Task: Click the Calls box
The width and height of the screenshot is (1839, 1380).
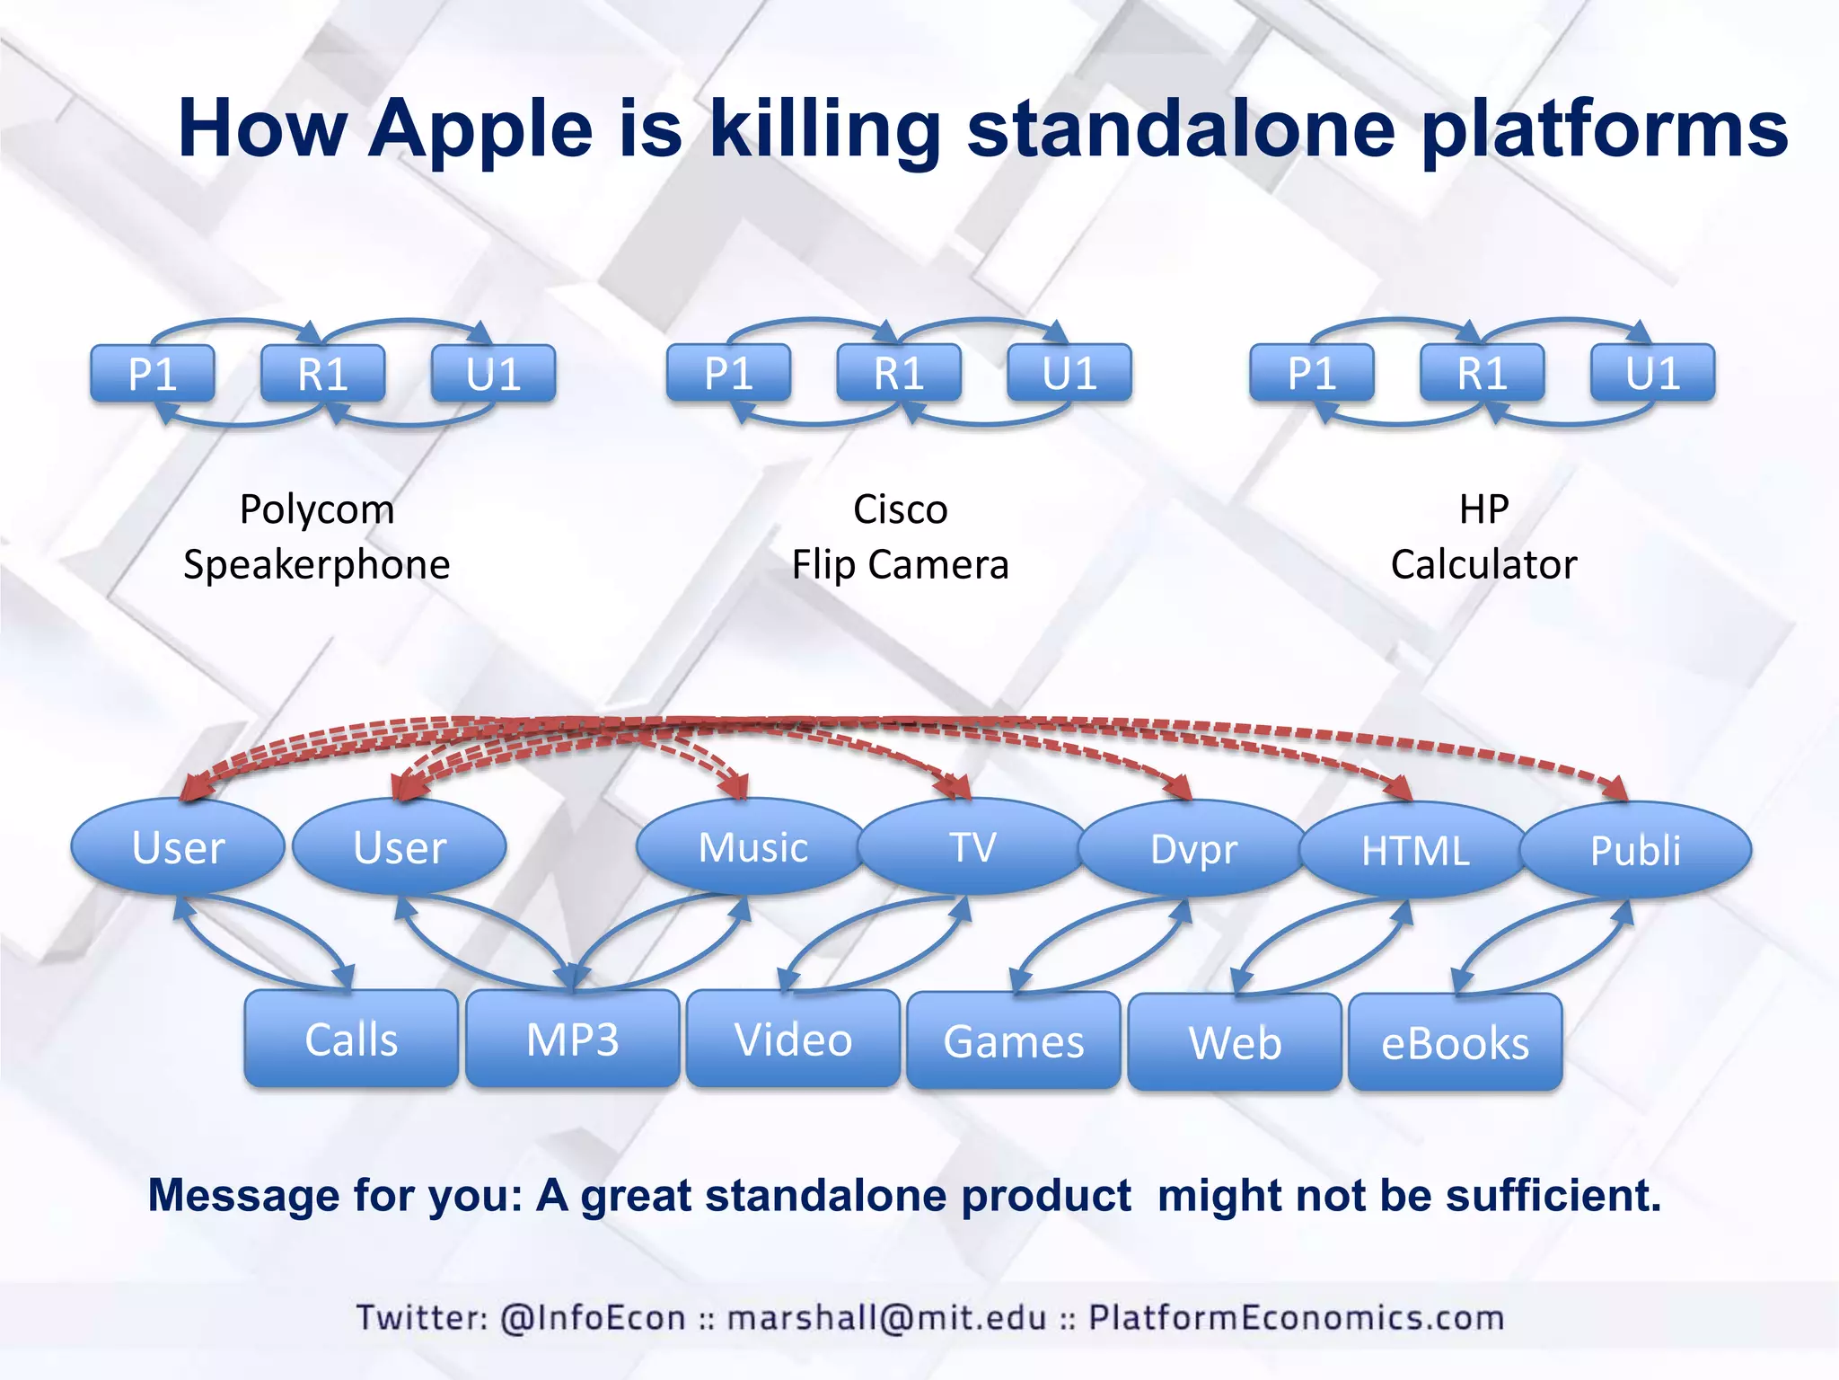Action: coord(351,1039)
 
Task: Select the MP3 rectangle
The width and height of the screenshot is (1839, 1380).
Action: coord(572,1039)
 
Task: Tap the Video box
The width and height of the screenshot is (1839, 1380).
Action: coord(793,1039)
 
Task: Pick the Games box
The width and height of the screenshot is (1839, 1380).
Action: coord(1014,1040)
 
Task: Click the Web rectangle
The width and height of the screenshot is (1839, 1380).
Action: coord(1235,1042)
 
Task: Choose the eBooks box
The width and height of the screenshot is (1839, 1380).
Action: coord(1455,1042)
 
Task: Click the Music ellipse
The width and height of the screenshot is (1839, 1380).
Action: coord(752,846)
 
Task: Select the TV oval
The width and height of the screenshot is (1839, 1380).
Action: coord(973,846)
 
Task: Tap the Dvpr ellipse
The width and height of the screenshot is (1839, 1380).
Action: coord(1193,848)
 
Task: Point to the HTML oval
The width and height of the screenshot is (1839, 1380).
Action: coord(1414,850)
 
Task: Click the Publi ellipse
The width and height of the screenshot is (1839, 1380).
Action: coord(1635,850)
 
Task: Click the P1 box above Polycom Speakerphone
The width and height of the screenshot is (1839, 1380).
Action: coord(153,373)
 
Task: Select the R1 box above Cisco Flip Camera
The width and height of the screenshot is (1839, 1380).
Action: coord(899,372)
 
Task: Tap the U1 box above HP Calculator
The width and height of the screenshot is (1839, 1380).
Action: coord(1652,372)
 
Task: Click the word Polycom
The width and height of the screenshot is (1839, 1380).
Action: coord(317,510)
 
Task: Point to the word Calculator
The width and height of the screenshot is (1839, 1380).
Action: coord(1483,564)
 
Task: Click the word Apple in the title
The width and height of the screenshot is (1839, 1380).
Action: coord(480,128)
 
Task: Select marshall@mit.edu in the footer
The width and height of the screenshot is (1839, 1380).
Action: coord(886,1317)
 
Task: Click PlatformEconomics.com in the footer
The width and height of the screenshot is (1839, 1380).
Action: coord(1296,1317)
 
